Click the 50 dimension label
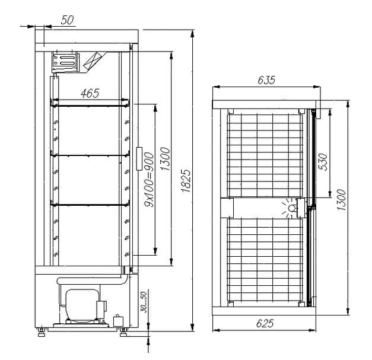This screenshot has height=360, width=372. click(x=67, y=20)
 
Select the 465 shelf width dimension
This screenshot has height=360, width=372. click(x=90, y=94)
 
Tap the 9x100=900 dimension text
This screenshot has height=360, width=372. click(x=150, y=179)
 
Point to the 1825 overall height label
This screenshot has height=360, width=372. click(x=186, y=180)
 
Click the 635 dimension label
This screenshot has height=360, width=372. click(x=266, y=80)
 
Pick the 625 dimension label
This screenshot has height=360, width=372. click(x=265, y=323)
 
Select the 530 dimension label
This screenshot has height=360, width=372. click(x=323, y=162)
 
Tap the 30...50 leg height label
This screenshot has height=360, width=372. click(x=144, y=302)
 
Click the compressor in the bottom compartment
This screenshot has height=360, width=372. click(x=82, y=305)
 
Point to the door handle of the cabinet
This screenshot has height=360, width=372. click(x=139, y=159)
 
